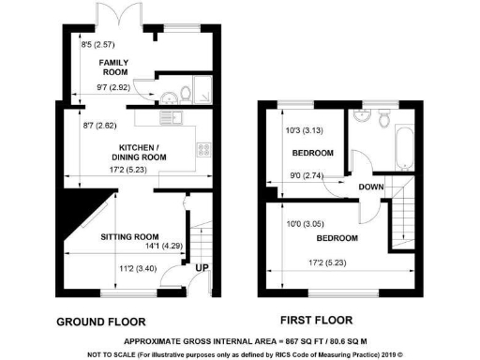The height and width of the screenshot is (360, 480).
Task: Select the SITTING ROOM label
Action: point(129,236)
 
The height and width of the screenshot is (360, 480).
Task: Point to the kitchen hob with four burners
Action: point(203,150)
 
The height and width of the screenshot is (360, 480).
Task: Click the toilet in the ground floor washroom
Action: point(186,93)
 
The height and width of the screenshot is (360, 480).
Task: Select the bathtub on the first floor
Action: point(405,149)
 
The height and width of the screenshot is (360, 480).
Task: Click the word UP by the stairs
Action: point(201,269)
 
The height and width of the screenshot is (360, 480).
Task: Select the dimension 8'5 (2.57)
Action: point(97,43)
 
